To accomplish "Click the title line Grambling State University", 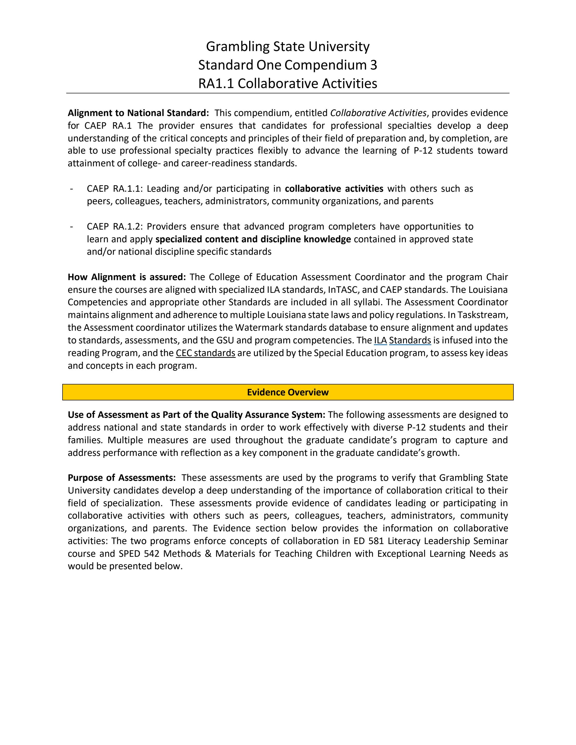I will click(x=288, y=46).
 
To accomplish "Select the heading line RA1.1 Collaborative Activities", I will click(x=288, y=84).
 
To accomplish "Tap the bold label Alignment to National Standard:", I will click(x=138, y=113).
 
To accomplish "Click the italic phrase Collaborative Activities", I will click(x=378, y=113).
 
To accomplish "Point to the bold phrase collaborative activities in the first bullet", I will click(x=334, y=189).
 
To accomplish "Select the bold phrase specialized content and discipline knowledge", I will click(x=253, y=239).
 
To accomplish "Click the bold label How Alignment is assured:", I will click(x=127, y=277).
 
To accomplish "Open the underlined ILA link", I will click(x=380, y=340).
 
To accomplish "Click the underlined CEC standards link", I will click(x=206, y=353).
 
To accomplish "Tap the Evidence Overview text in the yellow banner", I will click(x=288, y=392).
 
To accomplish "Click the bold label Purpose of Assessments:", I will click(x=122, y=478).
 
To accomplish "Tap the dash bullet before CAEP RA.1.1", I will click(x=71, y=189).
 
